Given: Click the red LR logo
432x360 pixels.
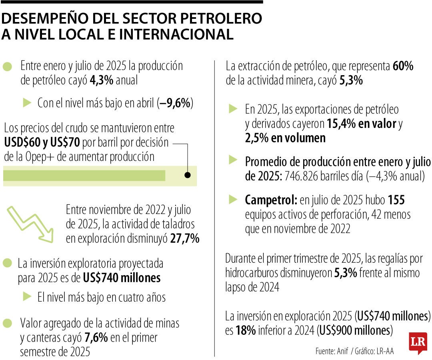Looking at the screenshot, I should coord(418,342).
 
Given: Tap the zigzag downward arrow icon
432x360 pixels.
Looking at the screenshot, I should coord(31,224).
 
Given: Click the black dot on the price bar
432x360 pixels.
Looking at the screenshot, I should coord(187,175).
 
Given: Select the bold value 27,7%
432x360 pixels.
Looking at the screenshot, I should coord(184,238).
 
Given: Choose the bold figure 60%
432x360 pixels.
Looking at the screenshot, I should coord(403,66).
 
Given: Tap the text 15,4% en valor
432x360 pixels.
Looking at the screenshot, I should coord(361,124).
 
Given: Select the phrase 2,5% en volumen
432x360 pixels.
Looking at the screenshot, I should coord(285,138).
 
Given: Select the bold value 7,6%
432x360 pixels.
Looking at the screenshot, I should coord(96,338).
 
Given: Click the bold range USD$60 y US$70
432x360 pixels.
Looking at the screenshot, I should coord(42,142).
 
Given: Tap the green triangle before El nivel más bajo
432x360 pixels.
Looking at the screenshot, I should coord(27,296).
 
